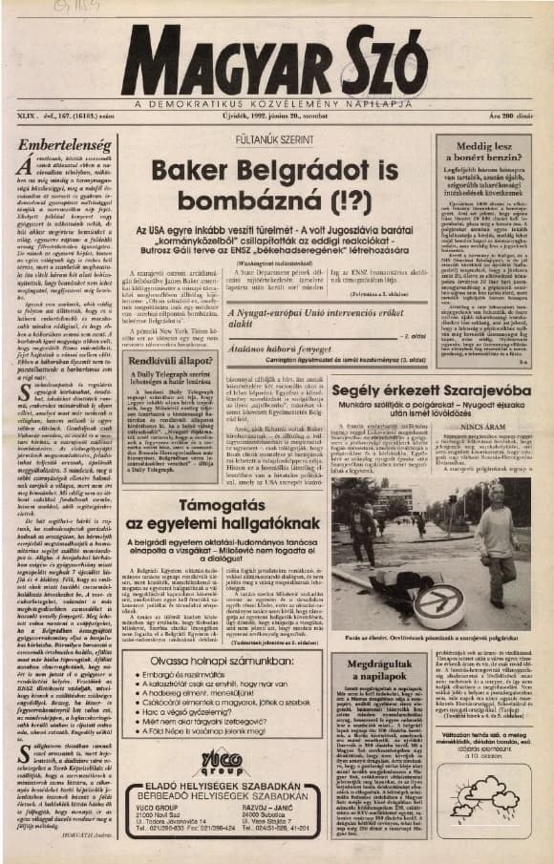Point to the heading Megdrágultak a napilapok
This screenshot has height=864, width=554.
tap(378, 669)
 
